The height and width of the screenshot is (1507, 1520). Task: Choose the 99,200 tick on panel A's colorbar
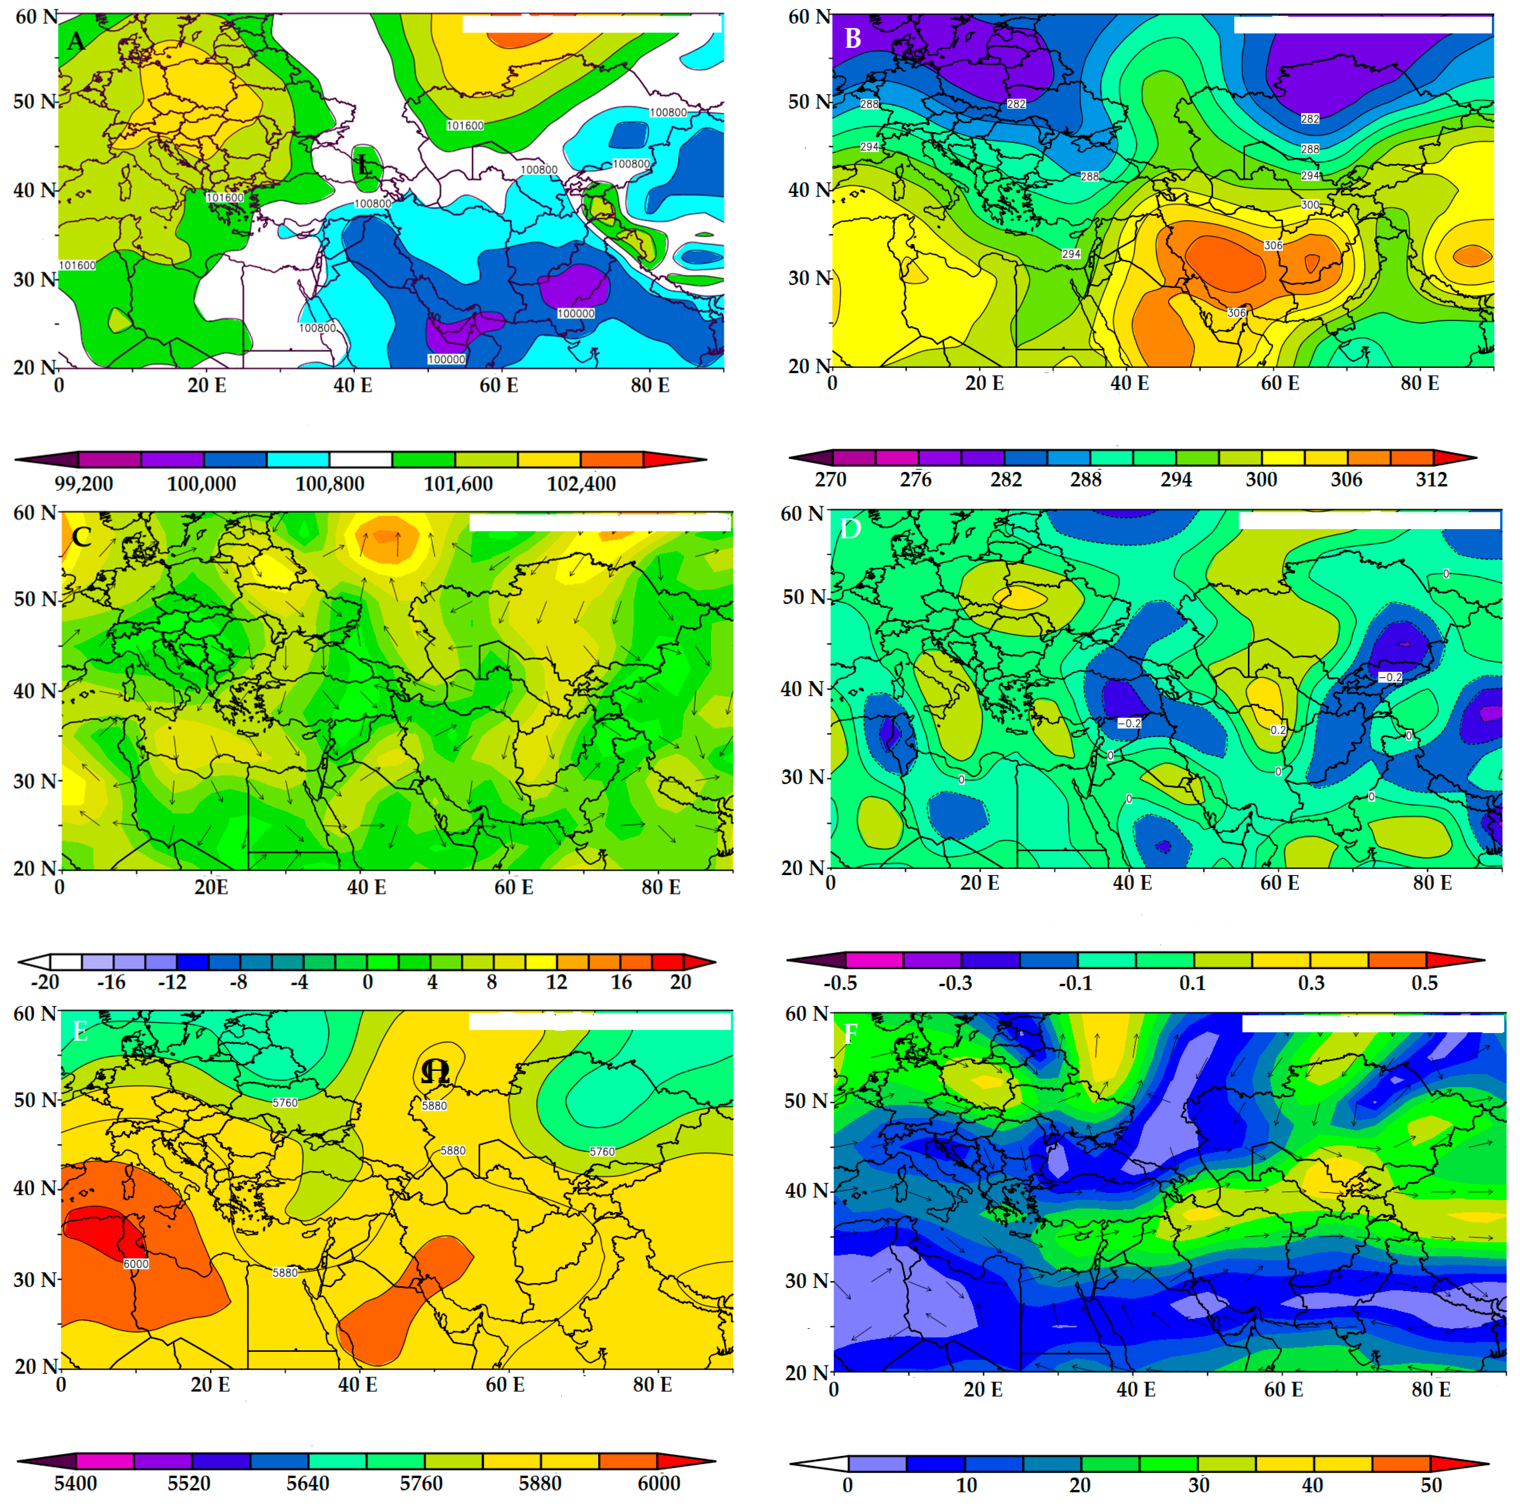pos(83,483)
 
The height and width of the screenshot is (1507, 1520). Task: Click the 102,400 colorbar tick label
pos(581,483)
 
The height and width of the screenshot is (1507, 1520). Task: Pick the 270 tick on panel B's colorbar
pos(831,479)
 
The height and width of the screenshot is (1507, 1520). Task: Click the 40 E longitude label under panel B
pos(1130,383)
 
